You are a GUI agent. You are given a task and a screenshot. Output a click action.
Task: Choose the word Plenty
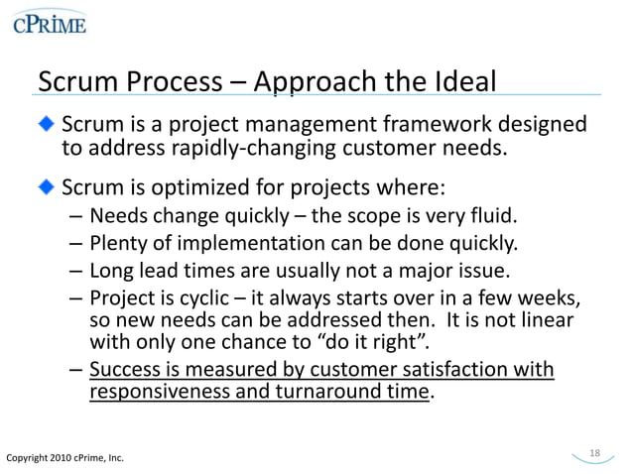(x=118, y=243)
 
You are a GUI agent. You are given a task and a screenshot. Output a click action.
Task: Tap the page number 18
(x=594, y=453)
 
